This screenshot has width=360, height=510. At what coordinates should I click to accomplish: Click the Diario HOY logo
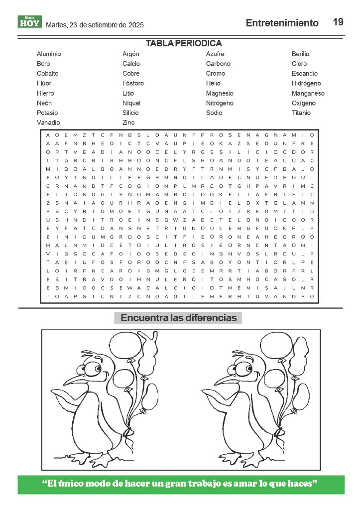click(x=29, y=22)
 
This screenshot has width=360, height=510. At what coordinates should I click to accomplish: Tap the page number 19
click(x=338, y=22)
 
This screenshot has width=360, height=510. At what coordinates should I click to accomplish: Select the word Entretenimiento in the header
click(x=282, y=23)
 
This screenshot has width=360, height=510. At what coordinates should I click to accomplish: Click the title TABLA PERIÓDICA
click(x=184, y=43)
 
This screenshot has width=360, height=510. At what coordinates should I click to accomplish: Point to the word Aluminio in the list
click(x=49, y=54)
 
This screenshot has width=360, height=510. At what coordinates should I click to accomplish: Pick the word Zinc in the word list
click(x=128, y=123)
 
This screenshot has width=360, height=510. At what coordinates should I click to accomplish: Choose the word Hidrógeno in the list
click(x=306, y=83)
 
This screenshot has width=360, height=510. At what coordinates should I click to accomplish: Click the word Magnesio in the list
click(x=220, y=93)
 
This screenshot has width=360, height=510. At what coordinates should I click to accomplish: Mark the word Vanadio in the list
click(x=48, y=123)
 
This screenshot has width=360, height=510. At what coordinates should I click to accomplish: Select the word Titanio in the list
click(x=301, y=113)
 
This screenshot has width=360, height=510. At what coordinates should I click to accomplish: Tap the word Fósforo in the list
click(x=133, y=83)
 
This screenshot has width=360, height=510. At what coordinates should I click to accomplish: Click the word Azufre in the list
click(x=215, y=54)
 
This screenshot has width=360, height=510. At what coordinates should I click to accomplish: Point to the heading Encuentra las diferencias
click(x=178, y=318)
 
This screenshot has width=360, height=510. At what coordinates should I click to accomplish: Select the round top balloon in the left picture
click(x=123, y=344)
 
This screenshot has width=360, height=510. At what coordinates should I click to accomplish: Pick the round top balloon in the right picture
click(x=275, y=344)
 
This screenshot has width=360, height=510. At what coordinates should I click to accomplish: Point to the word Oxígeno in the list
click(x=304, y=103)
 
